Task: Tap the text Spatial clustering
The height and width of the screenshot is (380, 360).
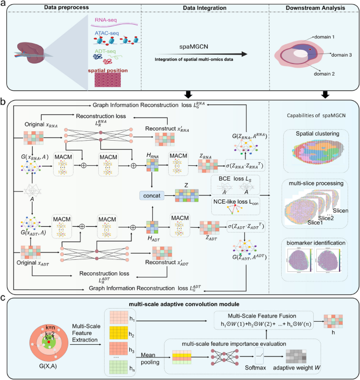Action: pos(310,134)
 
